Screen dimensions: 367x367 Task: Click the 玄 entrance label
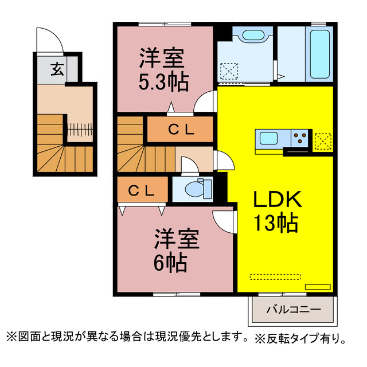[x=57, y=69]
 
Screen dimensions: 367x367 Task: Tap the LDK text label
[x=278, y=199]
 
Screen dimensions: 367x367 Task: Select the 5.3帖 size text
[x=163, y=83]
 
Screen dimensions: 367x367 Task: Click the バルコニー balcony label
[x=294, y=310]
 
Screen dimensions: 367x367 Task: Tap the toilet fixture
[x=198, y=189]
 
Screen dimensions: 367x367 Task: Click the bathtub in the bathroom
[x=320, y=54]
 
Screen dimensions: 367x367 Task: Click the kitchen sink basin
[x=269, y=138]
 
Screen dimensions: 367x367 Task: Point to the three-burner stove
[x=299, y=138]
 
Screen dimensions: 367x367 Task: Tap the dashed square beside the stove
[x=323, y=142]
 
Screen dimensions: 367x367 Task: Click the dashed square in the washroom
[x=229, y=71]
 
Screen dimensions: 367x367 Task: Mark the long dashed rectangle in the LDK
[x=275, y=276]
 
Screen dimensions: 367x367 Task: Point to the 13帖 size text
[x=276, y=223]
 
